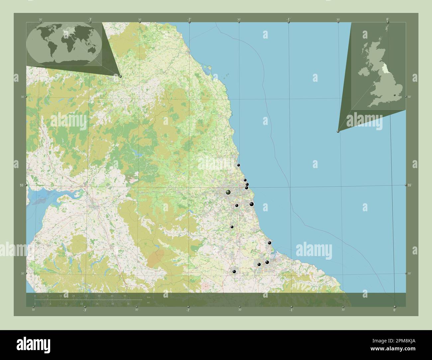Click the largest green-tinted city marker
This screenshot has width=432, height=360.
(x=228, y=192)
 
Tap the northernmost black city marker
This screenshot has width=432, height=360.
(x=238, y=165)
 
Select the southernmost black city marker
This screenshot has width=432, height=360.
(x=234, y=272)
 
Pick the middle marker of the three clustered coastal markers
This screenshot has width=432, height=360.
(x=247, y=184)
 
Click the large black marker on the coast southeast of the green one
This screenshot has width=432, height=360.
(x=252, y=204)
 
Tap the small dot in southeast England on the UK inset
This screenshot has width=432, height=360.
(x=395, y=95)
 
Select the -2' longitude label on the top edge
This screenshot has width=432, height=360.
(x=189, y=20)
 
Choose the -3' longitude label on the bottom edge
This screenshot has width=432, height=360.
(x=85, y=310)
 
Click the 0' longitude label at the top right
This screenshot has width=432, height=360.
(x=387, y=20)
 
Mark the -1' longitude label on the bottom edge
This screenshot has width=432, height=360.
(x=291, y=310)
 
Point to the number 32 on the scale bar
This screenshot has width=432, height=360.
(x=86, y=295)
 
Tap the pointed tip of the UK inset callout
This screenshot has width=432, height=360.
(x=338, y=132)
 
